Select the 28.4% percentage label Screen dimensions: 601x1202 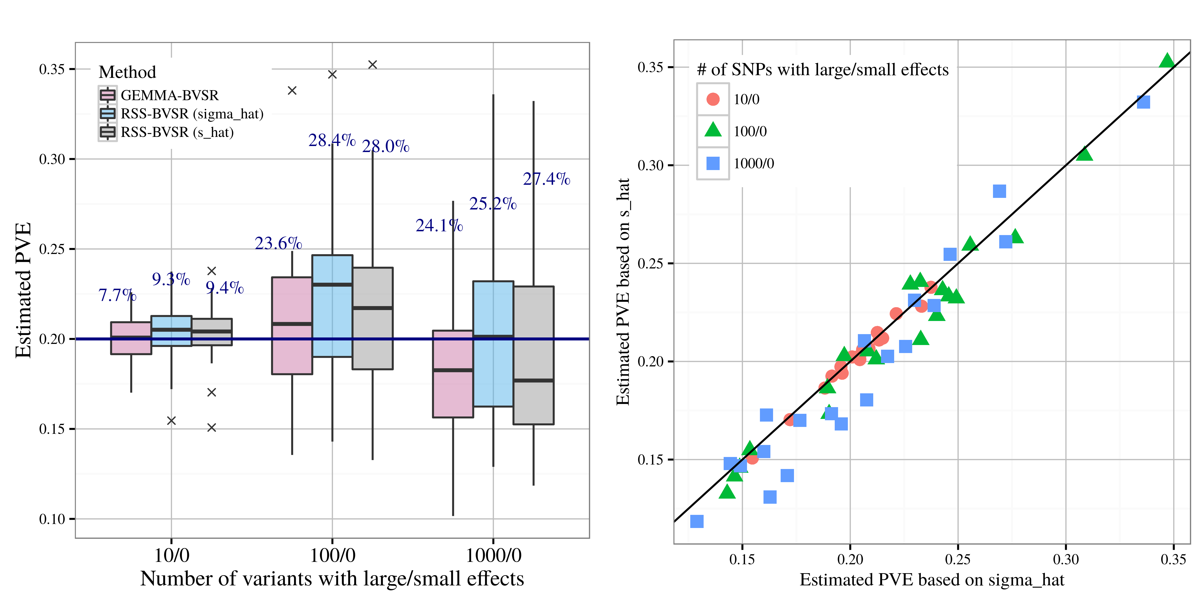[x=332, y=140]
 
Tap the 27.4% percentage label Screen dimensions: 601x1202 [x=546, y=179]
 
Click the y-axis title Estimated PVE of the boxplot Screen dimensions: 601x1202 [x=23, y=290]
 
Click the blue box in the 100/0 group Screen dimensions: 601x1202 [x=332, y=306]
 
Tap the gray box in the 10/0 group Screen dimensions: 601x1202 [x=212, y=332]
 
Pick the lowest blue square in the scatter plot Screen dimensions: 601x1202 [x=697, y=521]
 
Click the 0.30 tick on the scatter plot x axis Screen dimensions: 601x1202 [x=1066, y=559]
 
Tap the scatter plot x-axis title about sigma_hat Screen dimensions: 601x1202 [x=932, y=580]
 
